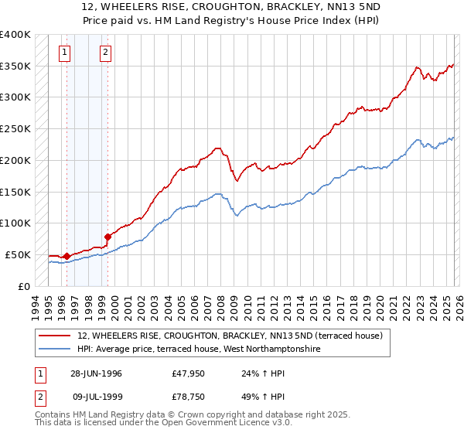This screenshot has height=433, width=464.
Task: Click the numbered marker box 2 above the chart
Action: [x=104, y=53]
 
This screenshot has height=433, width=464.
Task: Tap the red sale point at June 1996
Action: [x=67, y=255]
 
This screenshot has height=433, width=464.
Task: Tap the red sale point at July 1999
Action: [x=107, y=237]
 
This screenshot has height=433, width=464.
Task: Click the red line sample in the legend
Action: [x=55, y=336]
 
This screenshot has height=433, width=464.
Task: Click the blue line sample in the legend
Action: [x=55, y=349]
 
